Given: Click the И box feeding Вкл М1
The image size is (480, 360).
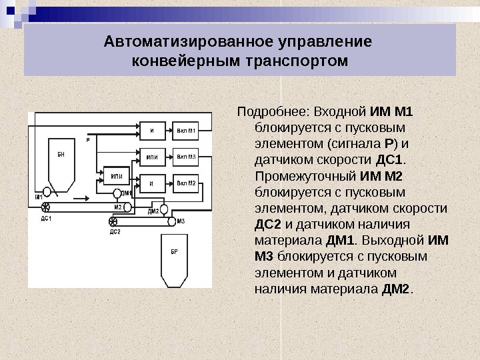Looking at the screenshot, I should (x=153, y=130).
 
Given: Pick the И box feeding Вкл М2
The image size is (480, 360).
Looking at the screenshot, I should (x=153, y=183).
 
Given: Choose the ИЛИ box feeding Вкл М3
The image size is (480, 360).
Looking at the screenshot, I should (x=153, y=158).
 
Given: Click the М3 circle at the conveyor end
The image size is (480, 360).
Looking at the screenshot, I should (x=171, y=221).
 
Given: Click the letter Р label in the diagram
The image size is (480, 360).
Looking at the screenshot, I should (x=88, y=140).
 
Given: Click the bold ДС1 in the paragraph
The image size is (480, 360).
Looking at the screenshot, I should (x=389, y=161).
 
